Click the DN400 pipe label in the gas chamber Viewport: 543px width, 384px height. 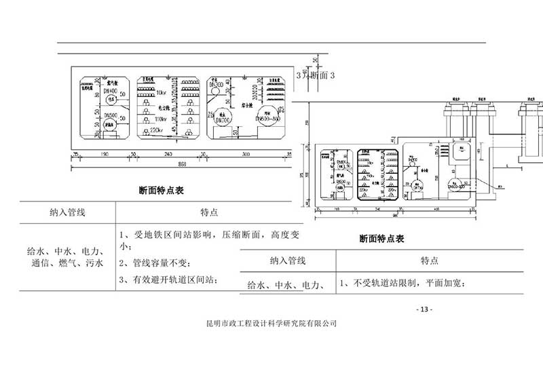point(111,90)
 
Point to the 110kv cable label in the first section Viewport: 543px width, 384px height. point(160,118)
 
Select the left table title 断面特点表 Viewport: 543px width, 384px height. point(162,191)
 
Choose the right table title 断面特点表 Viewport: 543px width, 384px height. point(381,239)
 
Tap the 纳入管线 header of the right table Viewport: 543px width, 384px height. point(290,261)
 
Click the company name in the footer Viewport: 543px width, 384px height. point(271,324)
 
